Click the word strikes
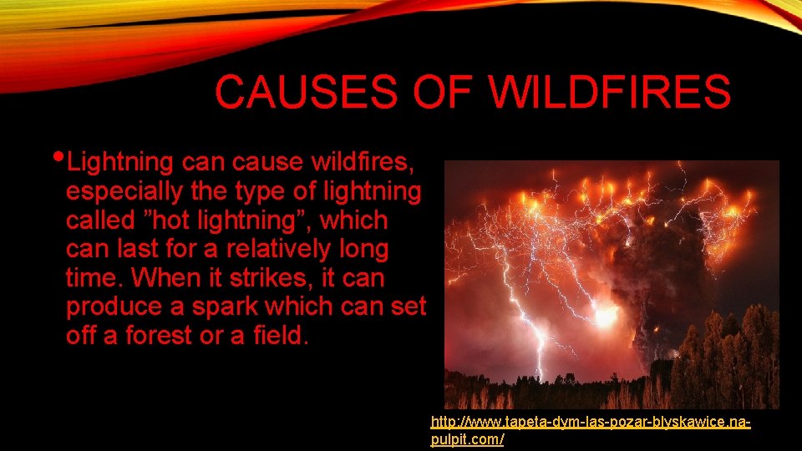click(x=283, y=277)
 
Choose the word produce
click(x=114, y=307)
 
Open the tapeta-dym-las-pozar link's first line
click(x=590, y=423)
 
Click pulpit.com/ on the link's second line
click(x=467, y=439)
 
